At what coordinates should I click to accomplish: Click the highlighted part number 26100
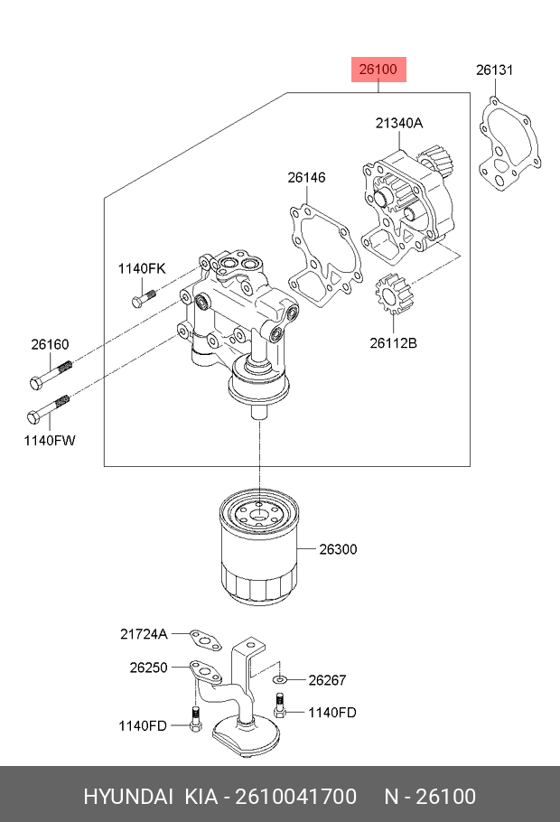[379, 69]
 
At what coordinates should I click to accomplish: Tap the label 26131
[495, 70]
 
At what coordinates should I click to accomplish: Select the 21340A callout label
[399, 124]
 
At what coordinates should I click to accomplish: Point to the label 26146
[306, 178]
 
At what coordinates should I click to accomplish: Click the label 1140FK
[142, 268]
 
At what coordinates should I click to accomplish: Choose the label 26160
[50, 344]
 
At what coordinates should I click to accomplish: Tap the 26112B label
[393, 342]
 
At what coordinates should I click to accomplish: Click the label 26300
[339, 548]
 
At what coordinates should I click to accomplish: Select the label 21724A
[145, 634]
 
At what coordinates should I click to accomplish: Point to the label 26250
[149, 668]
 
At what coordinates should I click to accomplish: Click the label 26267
[327, 680]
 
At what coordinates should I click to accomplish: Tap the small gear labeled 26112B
[392, 294]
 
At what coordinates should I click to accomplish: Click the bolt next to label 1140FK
[145, 295]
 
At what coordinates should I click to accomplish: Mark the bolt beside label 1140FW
[50, 408]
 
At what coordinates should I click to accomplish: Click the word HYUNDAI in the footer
[128, 796]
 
